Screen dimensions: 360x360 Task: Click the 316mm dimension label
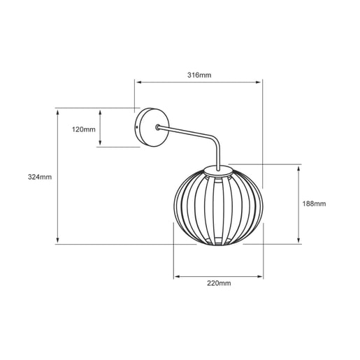pos(199,75)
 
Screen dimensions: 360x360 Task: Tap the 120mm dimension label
pos(84,129)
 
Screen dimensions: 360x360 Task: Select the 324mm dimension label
pos(40,177)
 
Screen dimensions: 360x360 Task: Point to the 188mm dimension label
pos(314,203)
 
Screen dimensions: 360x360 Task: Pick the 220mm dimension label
pos(219,283)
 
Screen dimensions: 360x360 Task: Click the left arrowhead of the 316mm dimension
pos(139,82)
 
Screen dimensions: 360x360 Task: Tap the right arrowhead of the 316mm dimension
pos(259,82)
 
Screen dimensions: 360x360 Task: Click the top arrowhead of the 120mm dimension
pos(100,113)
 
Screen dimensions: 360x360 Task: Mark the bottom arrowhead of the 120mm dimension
pos(100,143)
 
